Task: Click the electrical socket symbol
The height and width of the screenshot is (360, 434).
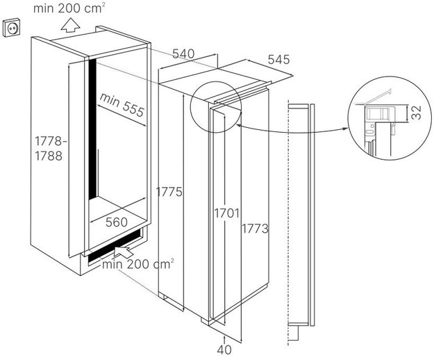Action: (x=11, y=27)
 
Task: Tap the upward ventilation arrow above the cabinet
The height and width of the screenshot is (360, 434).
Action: (x=71, y=25)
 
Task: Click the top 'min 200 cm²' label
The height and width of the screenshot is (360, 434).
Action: (x=69, y=8)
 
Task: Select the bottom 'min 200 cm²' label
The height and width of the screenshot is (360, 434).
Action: (x=138, y=264)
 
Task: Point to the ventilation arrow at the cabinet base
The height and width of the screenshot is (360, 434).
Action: (x=123, y=252)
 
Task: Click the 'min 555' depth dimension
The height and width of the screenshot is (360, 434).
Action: (x=122, y=105)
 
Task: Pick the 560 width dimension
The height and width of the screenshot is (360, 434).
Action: (x=117, y=222)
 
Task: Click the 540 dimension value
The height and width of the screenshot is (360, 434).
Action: (x=183, y=54)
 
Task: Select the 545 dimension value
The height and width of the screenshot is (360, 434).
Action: (x=278, y=60)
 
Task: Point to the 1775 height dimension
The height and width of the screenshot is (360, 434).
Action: (x=169, y=192)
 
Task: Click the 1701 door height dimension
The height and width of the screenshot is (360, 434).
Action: (x=226, y=213)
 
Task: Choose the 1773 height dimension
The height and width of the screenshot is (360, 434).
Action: (x=256, y=229)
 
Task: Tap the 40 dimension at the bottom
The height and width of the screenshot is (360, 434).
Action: (x=224, y=350)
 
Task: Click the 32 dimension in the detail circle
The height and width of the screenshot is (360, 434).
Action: (x=416, y=113)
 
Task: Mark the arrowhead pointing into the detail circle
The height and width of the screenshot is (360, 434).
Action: (x=344, y=129)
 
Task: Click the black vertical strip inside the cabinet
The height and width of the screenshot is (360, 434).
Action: (x=92, y=129)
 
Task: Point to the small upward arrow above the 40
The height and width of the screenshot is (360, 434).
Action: (x=224, y=339)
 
